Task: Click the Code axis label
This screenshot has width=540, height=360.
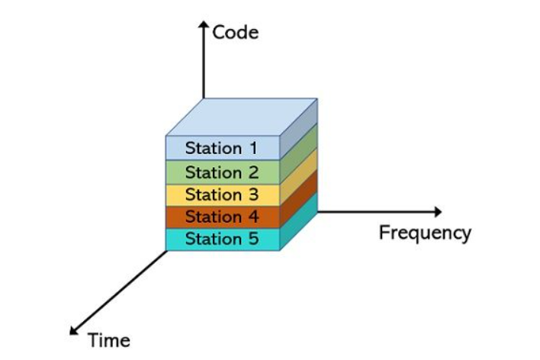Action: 236,32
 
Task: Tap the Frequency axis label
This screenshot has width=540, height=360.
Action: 425,233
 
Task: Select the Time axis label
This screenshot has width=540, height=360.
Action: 109,340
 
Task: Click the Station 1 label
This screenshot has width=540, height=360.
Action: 222,148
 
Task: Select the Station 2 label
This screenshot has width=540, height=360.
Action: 222,172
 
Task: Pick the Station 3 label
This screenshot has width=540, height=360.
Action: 222,194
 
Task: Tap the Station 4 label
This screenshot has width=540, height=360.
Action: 222,217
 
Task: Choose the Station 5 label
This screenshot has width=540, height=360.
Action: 222,239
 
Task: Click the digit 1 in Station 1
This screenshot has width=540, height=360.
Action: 252,148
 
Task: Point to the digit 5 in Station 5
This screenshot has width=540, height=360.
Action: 253,239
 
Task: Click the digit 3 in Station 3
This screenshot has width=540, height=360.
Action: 253,194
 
